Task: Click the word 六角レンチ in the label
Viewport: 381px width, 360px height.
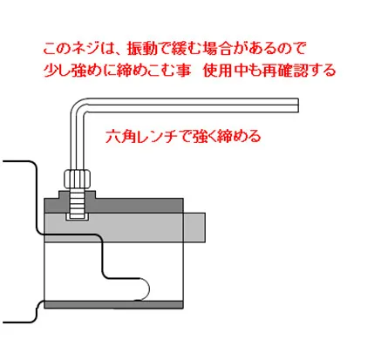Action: pyautogui.click(x=141, y=137)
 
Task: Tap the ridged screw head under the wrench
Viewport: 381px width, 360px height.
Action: pyautogui.click(x=77, y=180)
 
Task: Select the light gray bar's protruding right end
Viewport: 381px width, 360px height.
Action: pyautogui.click(x=194, y=228)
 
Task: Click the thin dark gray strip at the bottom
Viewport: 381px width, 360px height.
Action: pyautogui.click(x=113, y=305)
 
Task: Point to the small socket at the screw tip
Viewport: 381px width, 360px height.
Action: pyautogui.click(x=77, y=216)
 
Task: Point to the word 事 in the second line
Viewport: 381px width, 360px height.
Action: pyautogui.click(x=184, y=71)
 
